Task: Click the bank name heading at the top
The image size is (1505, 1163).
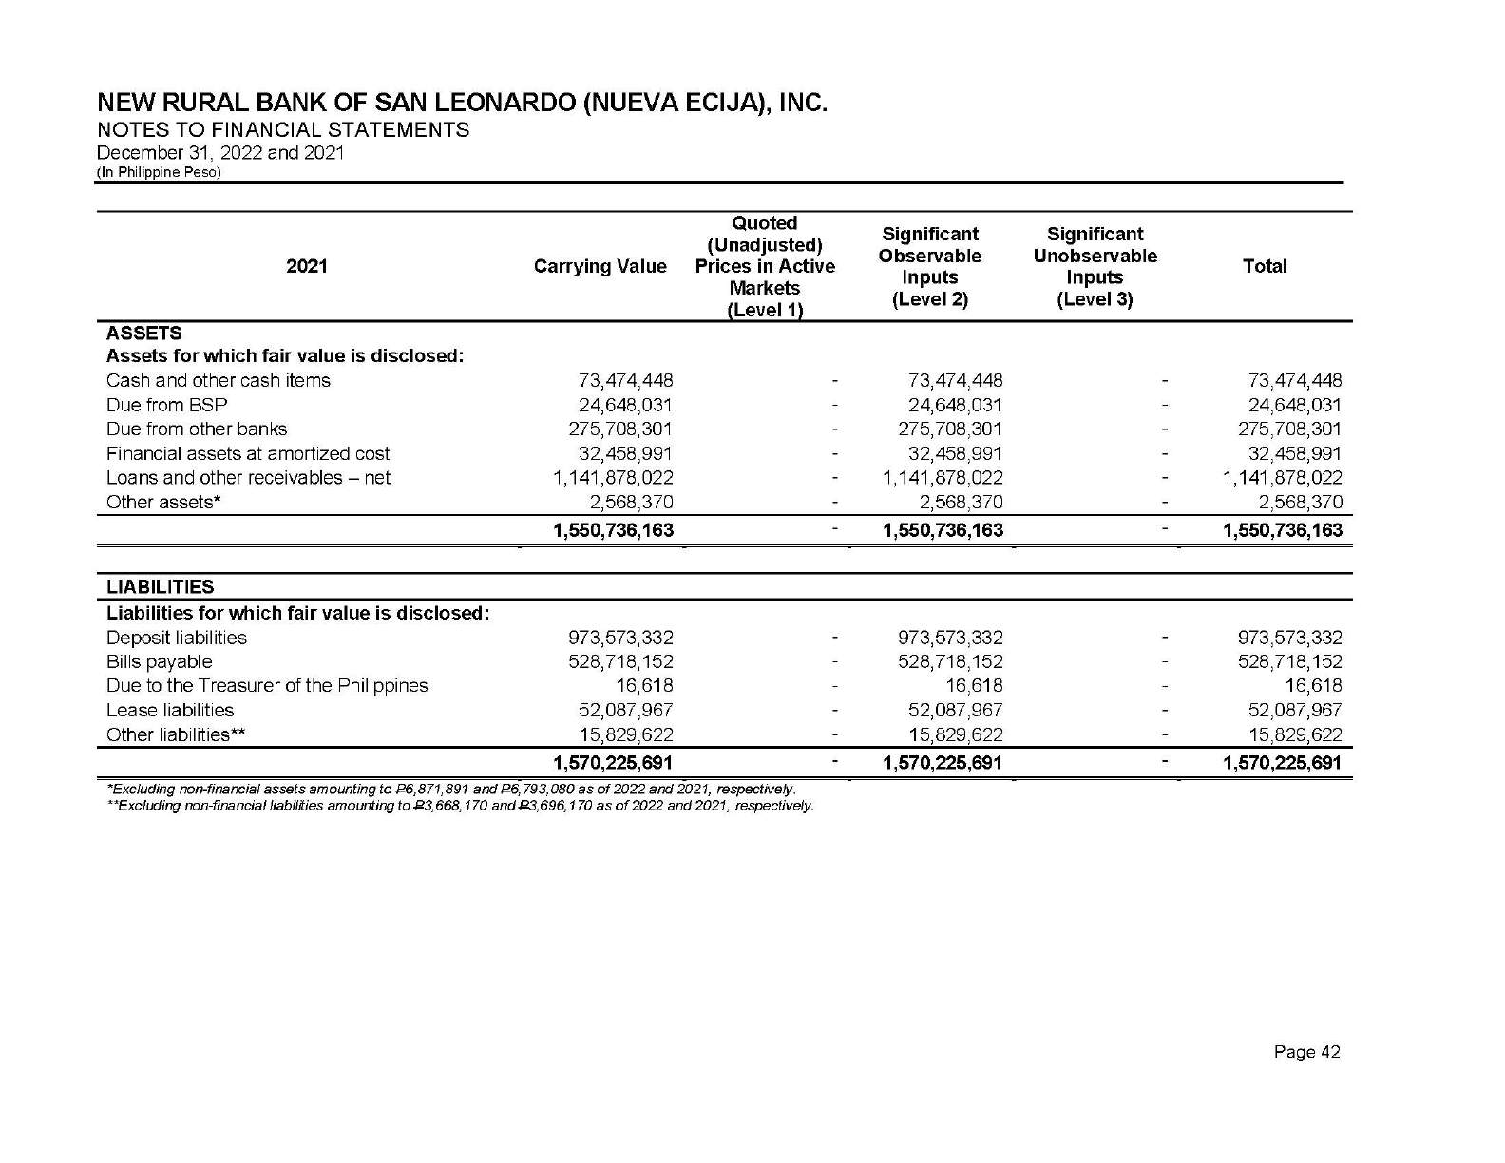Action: (x=463, y=103)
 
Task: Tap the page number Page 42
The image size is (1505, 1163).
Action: (x=1306, y=1052)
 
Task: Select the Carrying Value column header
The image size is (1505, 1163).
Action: (x=600, y=267)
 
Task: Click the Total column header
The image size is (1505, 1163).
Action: (x=1264, y=267)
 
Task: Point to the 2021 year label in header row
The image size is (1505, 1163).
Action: (x=306, y=267)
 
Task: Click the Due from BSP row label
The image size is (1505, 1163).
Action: (x=166, y=405)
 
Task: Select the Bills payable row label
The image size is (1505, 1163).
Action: (x=159, y=662)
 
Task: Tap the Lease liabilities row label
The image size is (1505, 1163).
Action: (x=169, y=711)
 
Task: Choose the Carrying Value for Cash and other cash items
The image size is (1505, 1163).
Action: (x=625, y=381)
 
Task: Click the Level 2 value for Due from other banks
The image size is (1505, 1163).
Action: (x=950, y=429)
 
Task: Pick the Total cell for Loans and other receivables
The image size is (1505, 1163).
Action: (x=1282, y=478)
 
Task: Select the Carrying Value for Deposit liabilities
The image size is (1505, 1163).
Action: (x=620, y=639)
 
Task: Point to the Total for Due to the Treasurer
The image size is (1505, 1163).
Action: (x=1313, y=686)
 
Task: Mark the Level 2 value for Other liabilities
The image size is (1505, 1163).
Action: (x=955, y=734)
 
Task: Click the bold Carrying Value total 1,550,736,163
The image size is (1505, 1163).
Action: (x=613, y=530)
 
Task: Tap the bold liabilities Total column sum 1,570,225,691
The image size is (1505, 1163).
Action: (x=1282, y=763)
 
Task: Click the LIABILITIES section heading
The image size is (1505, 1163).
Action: (x=160, y=587)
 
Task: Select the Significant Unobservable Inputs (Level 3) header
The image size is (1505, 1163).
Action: (x=1095, y=267)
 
